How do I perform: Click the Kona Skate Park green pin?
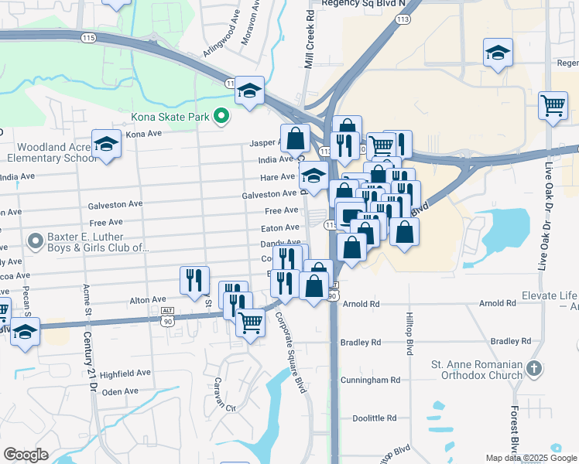pyautogui.click(x=221, y=117)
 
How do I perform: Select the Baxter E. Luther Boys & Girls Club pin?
pyautogui.click(x=35, y=242)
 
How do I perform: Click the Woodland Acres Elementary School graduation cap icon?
pyautogui.click(x=106, y=143)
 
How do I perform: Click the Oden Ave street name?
pyautogui.click(x=120, y=392)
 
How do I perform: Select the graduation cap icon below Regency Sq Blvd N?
pyautogui.click(x=498, y=53)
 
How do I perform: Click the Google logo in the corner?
pyautogui.click(x=26, y=455)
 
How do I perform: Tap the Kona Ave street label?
pyautogui.click(x=144, y=134)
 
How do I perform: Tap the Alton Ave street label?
pyautogui.click(x=148, y=299)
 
